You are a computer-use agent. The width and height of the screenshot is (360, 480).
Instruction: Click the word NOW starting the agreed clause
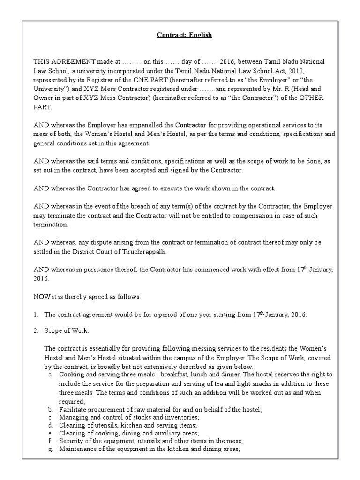tap(41, 297)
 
